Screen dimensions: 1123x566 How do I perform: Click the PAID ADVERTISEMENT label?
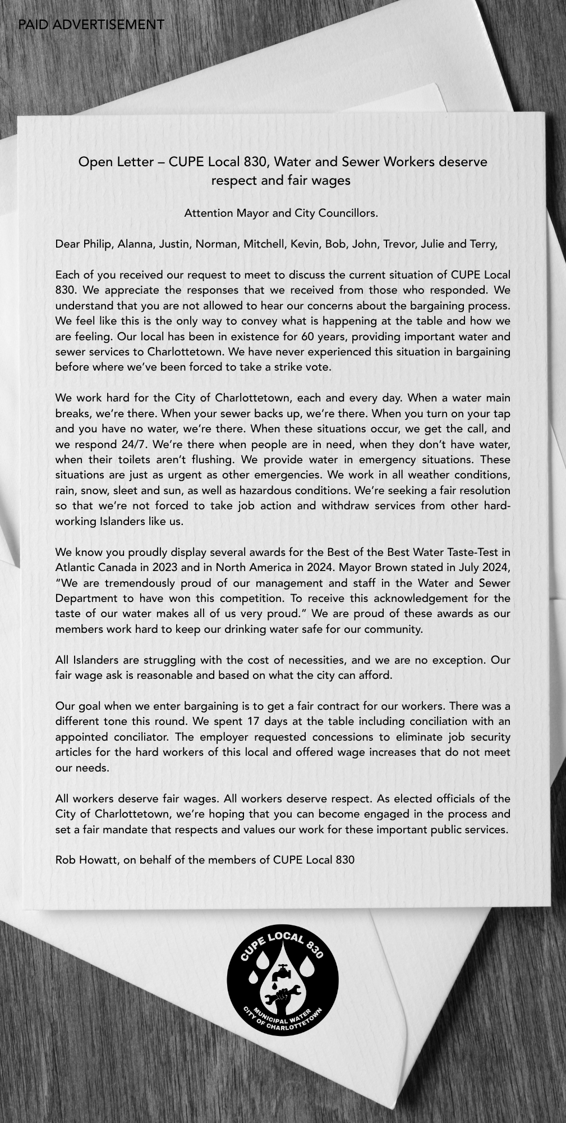pos(91,25)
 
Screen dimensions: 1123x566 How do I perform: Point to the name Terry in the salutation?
pos(484,244)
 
